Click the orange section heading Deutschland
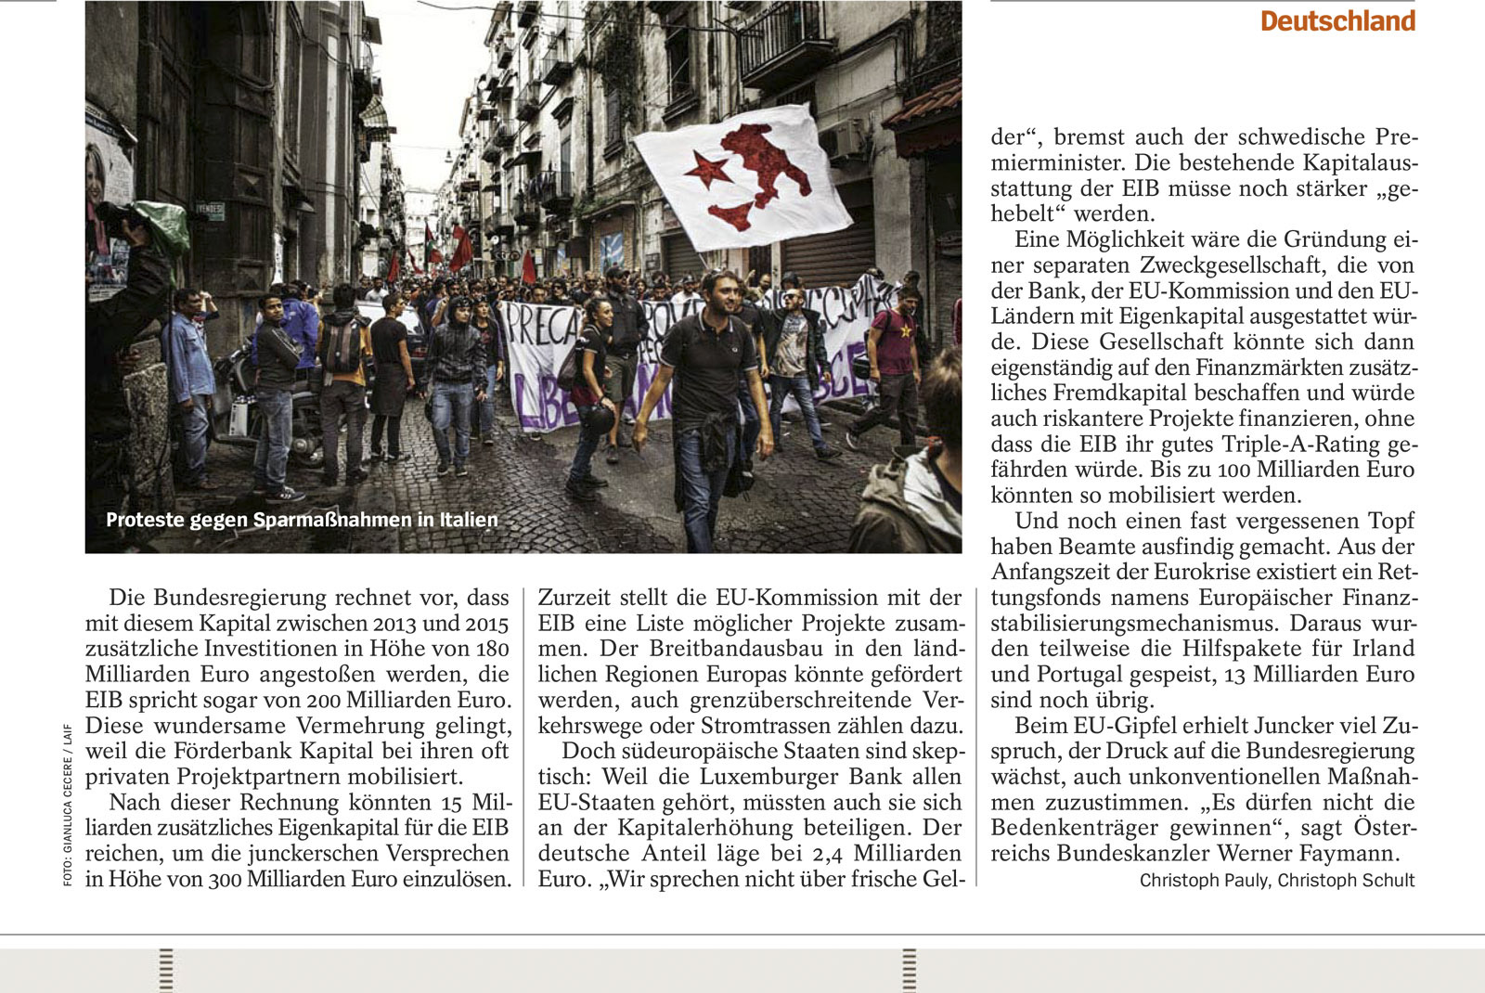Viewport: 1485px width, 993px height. coord(1337,21)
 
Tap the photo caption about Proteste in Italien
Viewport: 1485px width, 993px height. coord(302,520)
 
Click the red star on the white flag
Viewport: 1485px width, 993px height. coord(707,171)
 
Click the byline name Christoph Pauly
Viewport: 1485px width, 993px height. coord(1203,881)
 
